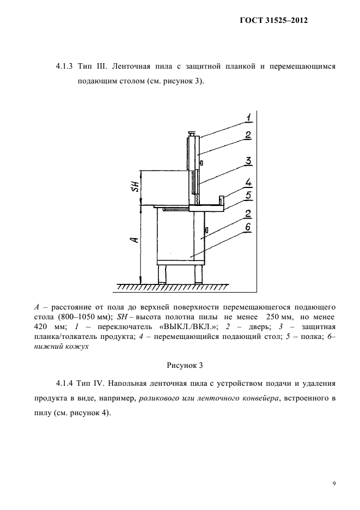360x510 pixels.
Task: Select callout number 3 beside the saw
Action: [x=247, y=161]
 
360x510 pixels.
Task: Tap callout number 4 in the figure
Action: [x=247, y=183]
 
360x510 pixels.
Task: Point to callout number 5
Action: [x=247, y=195]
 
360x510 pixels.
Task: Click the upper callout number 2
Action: [x=247, y=136]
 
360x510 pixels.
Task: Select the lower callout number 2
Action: [x=247, y=213]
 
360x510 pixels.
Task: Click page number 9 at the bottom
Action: [x=334, y=482]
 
